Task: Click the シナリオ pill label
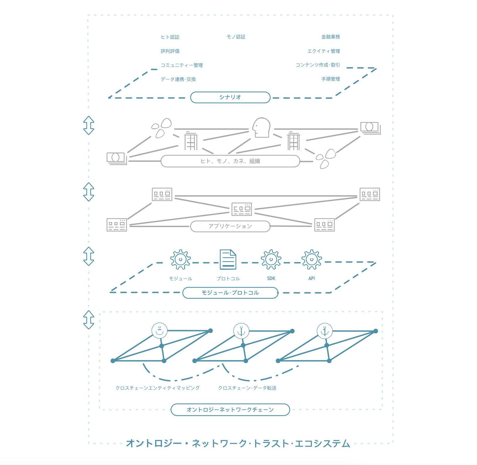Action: [230, 97]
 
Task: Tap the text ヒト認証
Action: [170, 37]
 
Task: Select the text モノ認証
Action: [236, 37]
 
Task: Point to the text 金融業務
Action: [331, 37]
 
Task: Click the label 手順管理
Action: [331, 79]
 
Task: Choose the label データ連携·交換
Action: [178, 79]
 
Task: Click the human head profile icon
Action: [261, 128]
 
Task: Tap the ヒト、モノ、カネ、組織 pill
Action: [230, 161]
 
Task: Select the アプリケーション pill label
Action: [230, 226]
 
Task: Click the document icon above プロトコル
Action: [228, 259]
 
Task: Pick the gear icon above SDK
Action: [271, 259]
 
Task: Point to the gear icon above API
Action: [312, 259]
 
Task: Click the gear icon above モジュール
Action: [180, 259]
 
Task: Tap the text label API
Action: [312, 278]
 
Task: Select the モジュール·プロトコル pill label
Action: [230, 293]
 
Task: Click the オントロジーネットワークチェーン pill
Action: [230, 410]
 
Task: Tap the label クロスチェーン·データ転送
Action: [247, 388]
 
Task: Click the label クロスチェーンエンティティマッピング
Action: [158, 388]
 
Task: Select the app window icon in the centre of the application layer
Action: [242, 209]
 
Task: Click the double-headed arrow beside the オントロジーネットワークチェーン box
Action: [88, 320]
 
